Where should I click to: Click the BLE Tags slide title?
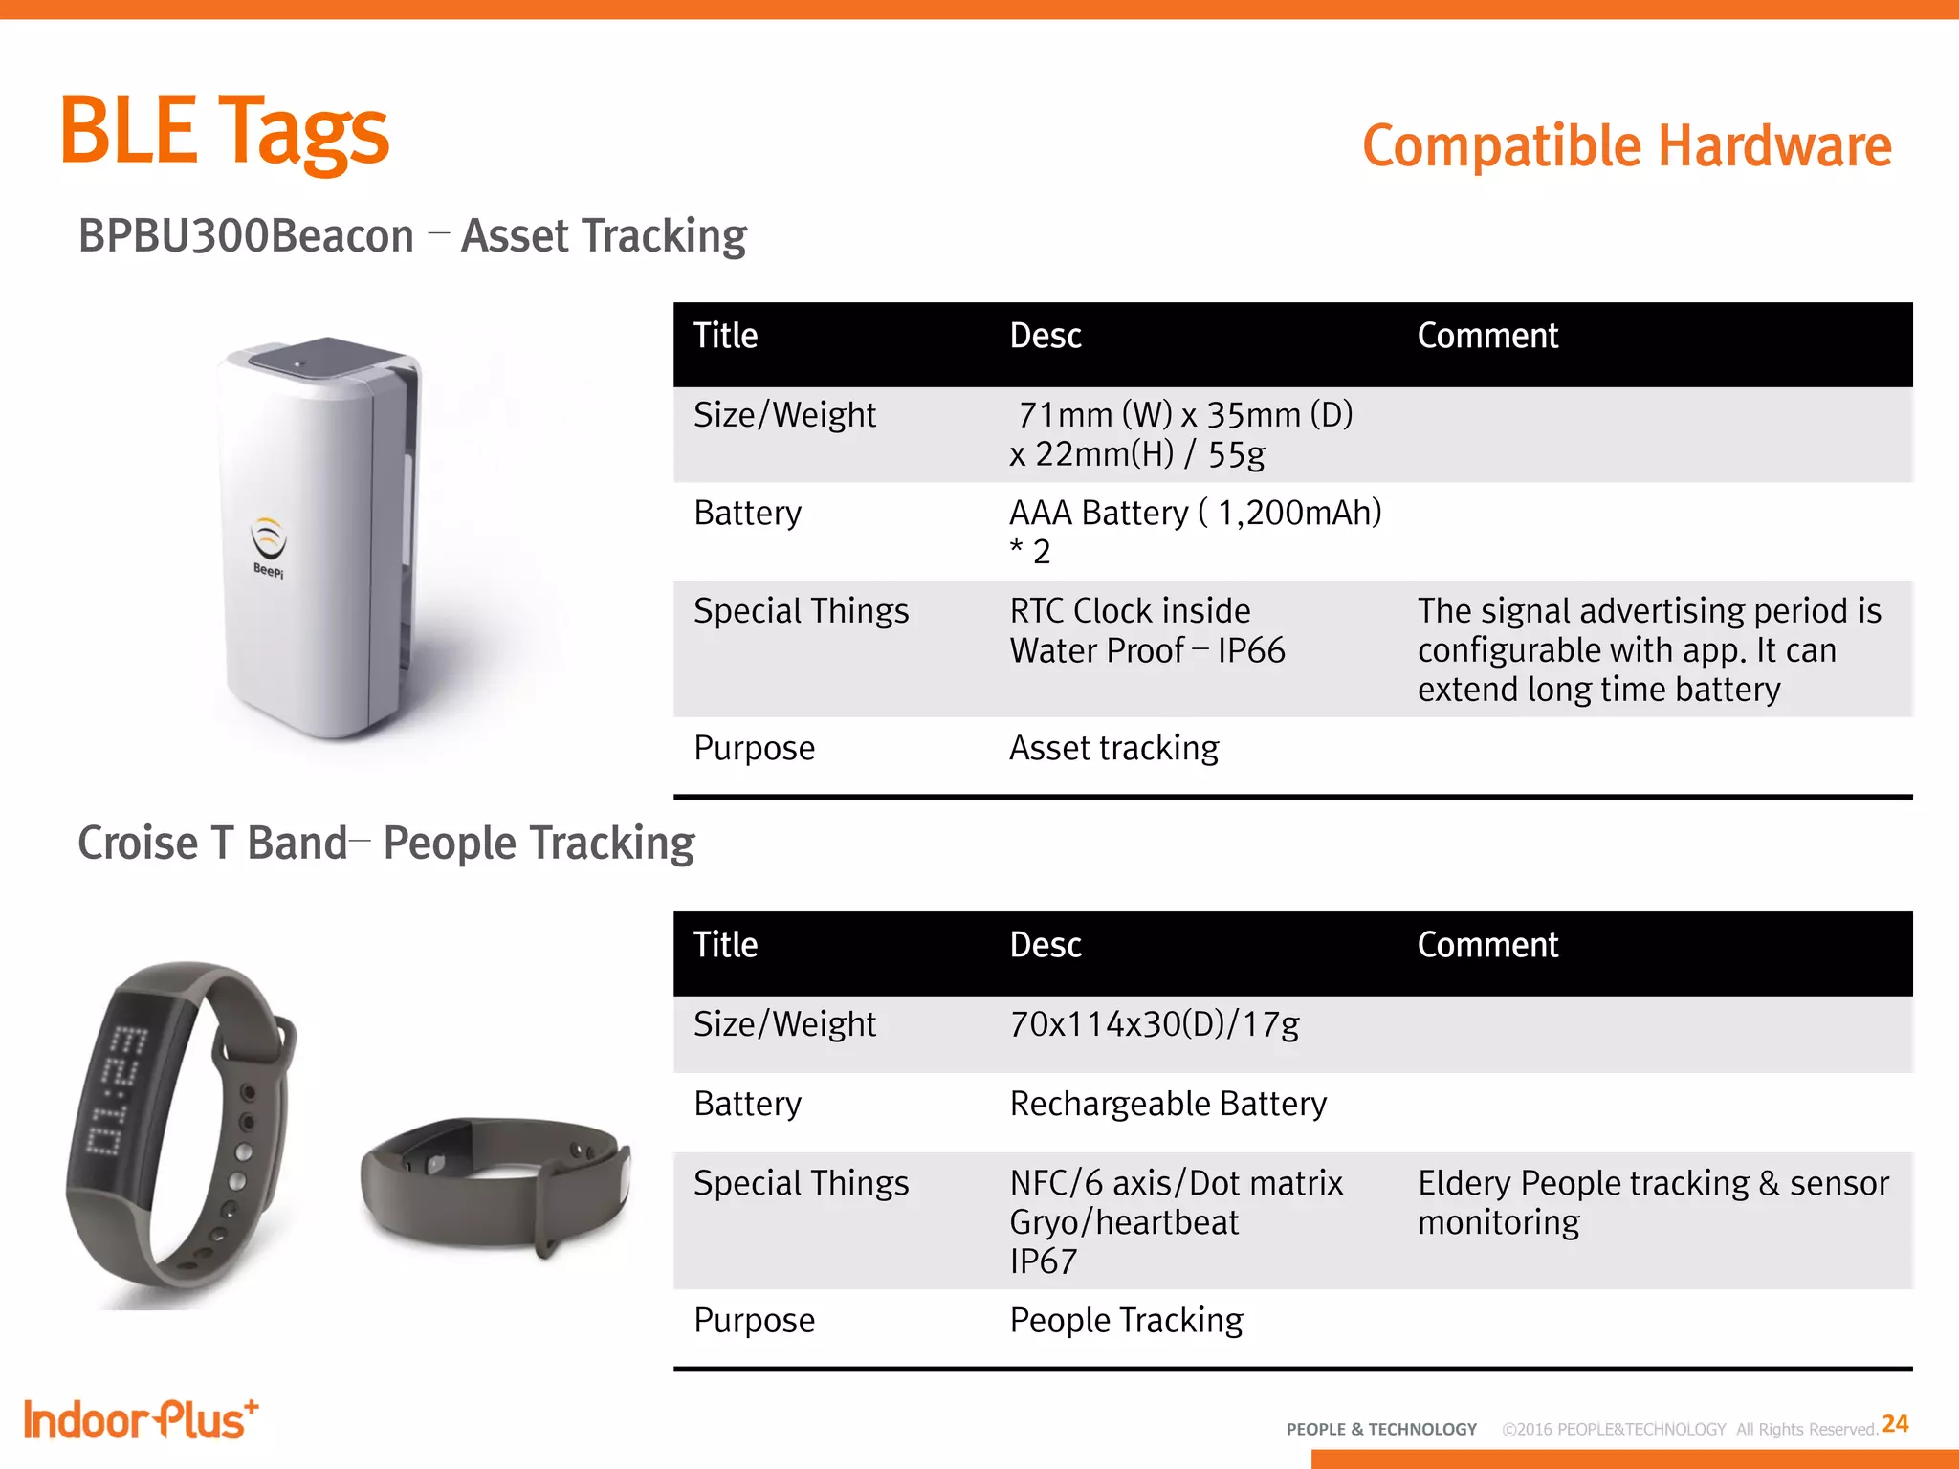[x=225, y=132]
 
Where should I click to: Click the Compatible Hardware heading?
[x=1626, y=146]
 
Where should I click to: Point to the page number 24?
[x=1894, y=1424]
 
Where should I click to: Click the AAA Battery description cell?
[x=1195, y=531]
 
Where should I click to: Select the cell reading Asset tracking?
[x=1114, y=748]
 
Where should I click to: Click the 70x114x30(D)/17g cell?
[x=1155, y=1024]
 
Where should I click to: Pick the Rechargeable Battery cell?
[x=1168, y=1104]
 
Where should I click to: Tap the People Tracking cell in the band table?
[x=1126, y=1321]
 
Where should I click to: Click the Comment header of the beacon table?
[x=1487, y=336]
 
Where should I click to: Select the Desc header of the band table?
[x=1046, y=945]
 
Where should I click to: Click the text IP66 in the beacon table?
[x=1251, y=651]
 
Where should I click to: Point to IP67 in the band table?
[x=1043, y=1261]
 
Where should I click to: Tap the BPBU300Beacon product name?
[x=246, y=236]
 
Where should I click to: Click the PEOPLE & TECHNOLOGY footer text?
[x=1381, y=1429]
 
